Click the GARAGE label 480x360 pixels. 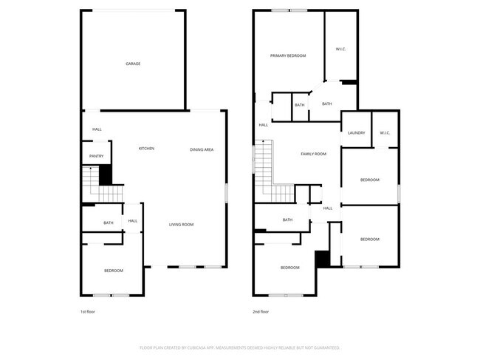133,64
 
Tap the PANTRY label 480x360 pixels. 96,156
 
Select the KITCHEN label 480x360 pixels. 147,149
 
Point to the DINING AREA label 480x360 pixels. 202,149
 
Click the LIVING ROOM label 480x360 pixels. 182,224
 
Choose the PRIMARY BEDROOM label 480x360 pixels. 288,55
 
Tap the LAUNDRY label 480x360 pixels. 356,133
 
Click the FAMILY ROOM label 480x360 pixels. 313,154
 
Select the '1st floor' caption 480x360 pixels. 88,312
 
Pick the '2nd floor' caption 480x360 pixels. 261,312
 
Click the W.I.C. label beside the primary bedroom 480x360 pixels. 341,50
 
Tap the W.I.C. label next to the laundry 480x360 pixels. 385,133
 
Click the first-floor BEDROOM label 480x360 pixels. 113,271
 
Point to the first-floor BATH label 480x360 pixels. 109,223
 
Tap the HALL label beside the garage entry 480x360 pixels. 97,129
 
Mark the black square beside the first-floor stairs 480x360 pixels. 104,176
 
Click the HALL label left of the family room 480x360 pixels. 263,125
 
